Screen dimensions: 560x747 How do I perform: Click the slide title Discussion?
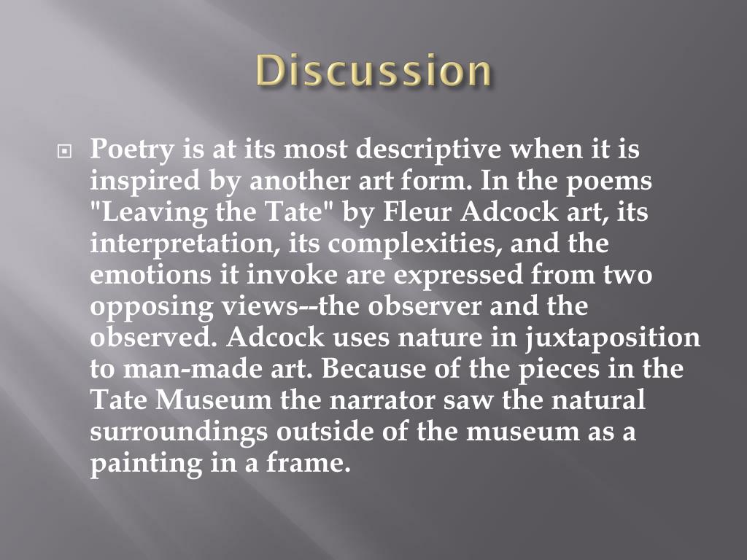373,71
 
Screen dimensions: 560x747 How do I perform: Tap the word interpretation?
182,244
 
